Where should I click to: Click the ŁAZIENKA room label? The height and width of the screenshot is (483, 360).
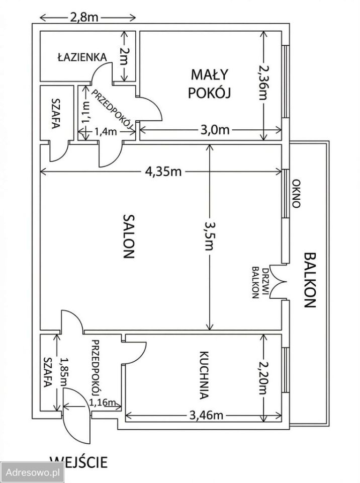(x=82, y=57)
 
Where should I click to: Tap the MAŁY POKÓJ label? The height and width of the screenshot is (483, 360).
(x=209, y=84)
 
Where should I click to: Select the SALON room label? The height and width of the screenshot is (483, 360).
(x=129, y=236)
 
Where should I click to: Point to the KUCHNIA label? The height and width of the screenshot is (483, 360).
(x=204, y=375)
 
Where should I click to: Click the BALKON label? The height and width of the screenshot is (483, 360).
(x=310, y=280)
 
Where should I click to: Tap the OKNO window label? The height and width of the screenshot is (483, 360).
(x=296, y=194)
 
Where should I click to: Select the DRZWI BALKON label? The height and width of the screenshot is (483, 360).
(x=259, y=282)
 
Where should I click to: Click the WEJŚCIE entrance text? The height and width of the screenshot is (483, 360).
(x=78, y=462)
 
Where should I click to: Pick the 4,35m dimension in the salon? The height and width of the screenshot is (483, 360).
(x=163, y=171)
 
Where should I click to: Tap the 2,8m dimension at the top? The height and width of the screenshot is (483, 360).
(x=84, y=17)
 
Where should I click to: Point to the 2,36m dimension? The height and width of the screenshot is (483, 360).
(x=263, y=82)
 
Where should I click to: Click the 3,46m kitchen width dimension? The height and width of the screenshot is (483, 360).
(x=206, y=416)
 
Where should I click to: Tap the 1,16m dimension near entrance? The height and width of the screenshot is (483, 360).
(x=102, y=402)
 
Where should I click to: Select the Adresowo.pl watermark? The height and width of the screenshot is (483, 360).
(x=33, y=472)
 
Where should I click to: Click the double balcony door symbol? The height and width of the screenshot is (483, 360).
(x=278, y=282)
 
